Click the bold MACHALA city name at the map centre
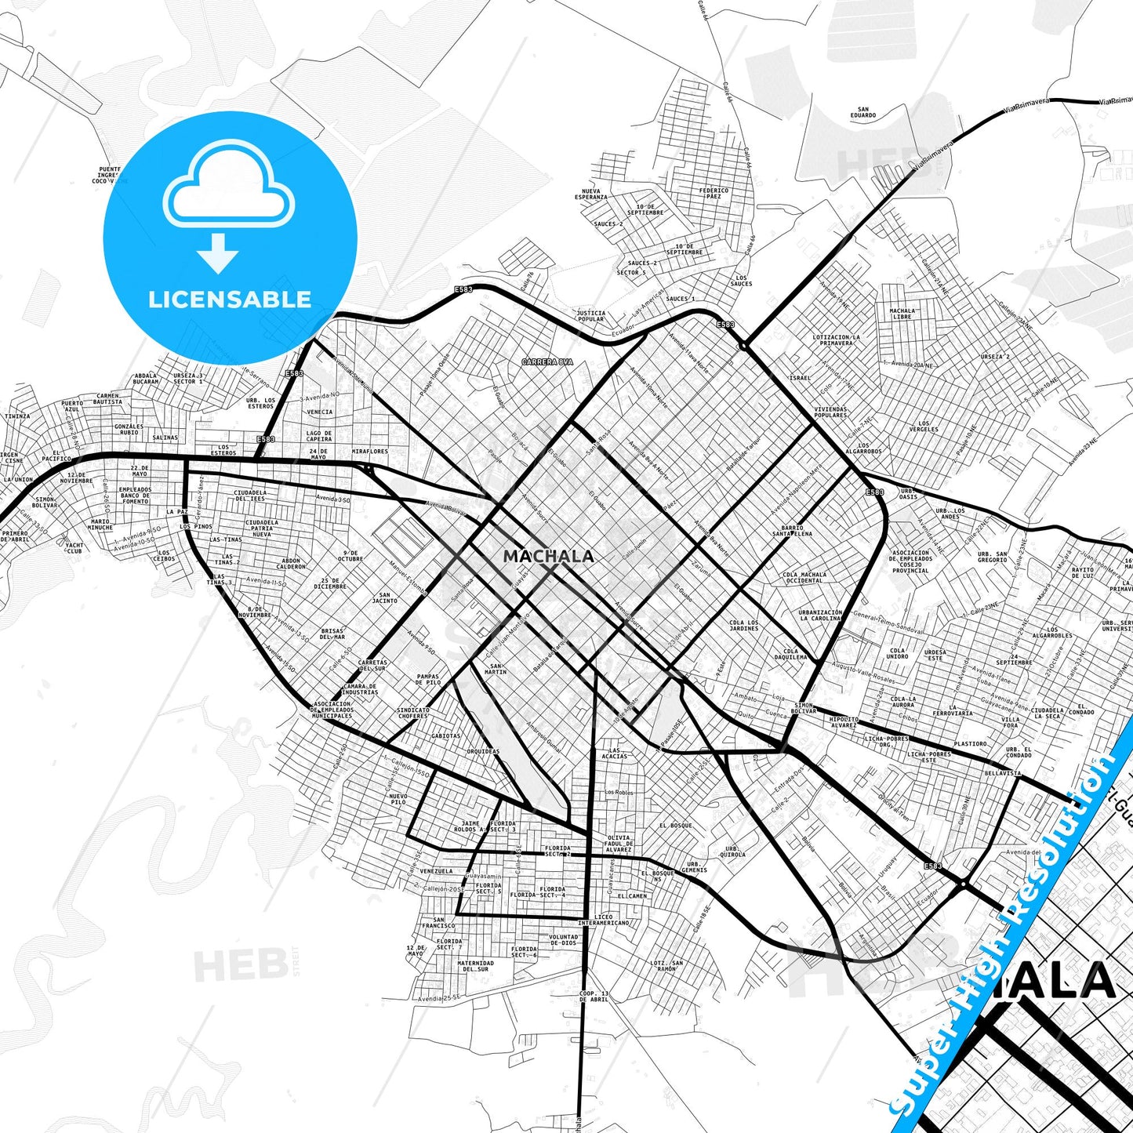pos(548,556)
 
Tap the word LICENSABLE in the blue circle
pos(230,299)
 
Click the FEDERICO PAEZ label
pos(714,193)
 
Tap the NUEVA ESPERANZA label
pos(591,194)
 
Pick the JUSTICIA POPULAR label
pos(590,316)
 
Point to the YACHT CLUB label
pos(74,548)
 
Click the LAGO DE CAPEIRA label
pos(319,436)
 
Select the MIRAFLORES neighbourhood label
pos(370,452)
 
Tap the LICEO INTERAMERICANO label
pos(604,920)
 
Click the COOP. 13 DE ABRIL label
pos(594,997)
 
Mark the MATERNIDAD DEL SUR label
pos(475,966)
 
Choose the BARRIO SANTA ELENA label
pos(792,531)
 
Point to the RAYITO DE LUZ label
pos(1083,573)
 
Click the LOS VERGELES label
pos(924,427)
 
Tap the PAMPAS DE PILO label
pos(428,680)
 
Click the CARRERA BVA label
pos(548,361)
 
